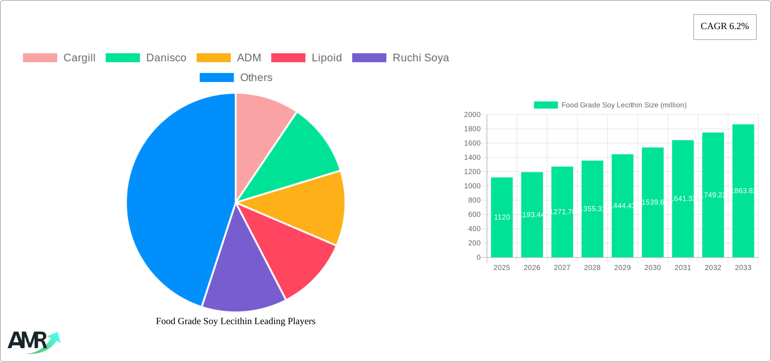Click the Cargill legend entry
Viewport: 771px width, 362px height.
tap(59, 58)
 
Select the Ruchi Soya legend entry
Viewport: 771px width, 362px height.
tap(400, 58)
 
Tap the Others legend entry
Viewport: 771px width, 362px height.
tap(236, 77)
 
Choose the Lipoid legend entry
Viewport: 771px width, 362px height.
tap(306, 58)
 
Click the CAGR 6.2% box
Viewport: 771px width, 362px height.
tap(725, 27)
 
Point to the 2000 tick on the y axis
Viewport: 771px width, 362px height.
tap(472, 115)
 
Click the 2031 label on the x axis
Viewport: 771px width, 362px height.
tap(683, 268)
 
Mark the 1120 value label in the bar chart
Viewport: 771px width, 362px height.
tap(502, 217)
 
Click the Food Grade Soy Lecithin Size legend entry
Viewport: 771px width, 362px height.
tap(610, 105)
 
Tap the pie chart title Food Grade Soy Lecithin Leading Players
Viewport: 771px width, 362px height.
tap(236, 321)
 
